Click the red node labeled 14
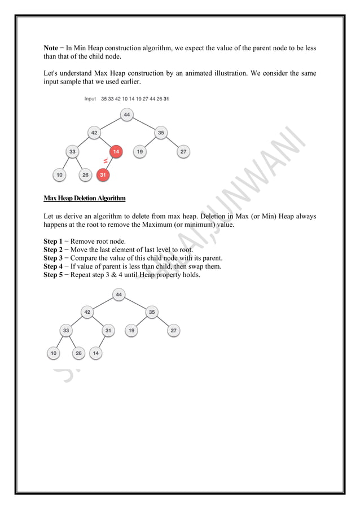tap(116, 151)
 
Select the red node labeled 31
tap(103, 175)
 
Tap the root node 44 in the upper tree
tap(127, 115)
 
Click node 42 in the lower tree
tap(87, 311)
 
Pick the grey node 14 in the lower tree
tap(96, 353)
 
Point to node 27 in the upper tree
tap(183, 151)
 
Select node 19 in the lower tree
tap(131, 331)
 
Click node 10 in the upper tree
tap(59, 175)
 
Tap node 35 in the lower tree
tap(152, 311)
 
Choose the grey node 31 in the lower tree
tap(109, 331)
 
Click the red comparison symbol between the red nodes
tap(105, 162)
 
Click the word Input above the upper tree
tap(90, 99)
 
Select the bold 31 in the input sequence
tap(166, 99)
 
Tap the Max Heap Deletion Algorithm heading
tap(84, 199)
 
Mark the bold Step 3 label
tap(54, 258)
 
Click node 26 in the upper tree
tap(85, 175)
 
